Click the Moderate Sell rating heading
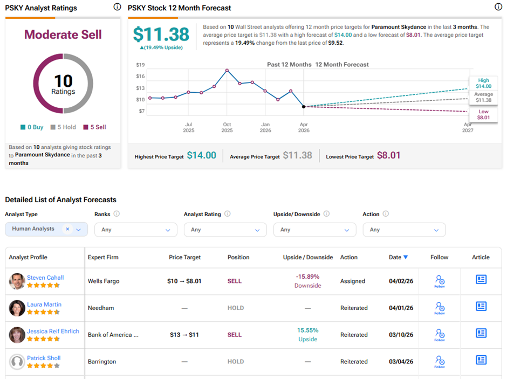click(x=63, y=35)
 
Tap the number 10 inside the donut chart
click(x=63, y=81)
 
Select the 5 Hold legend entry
click(x=64, y=127)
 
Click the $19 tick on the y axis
click(x=140, y=65)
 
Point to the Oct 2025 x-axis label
click(x=227, y=127)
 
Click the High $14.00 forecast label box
click(x=483, y=82)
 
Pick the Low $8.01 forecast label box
click(x=483, y=114)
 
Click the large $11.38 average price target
click(x=161, y=35)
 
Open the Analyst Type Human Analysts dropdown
click(x=46, y=229)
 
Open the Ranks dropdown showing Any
click(x=136, y=230)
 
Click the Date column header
click(x=398, y=258)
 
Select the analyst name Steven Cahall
click(x=45, y=278)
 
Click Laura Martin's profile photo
click(x=17, y=308)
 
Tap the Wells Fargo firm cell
click(x=104, y=281)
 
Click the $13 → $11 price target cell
click(x=184, y=335)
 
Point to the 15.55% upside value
click(x=307, y=330)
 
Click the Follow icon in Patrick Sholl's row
click(x=439, y=361)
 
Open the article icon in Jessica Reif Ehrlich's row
click(x=481, y=334)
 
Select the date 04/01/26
click(x=400, y=308)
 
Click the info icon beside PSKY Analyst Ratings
click(x=117, y=7)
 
